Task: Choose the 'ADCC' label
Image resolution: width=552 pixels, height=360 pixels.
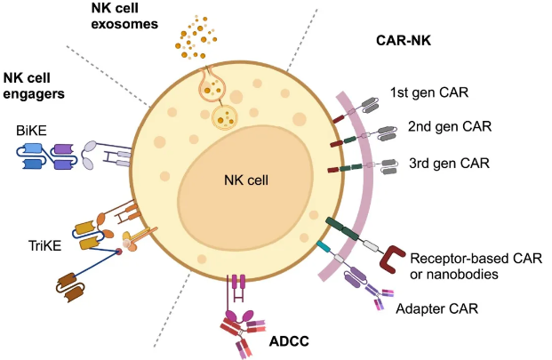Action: tap(292, 340)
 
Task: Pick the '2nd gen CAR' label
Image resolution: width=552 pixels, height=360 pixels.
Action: tap(444, 127)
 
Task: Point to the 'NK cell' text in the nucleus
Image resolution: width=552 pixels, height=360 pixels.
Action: tap(246, 180)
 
